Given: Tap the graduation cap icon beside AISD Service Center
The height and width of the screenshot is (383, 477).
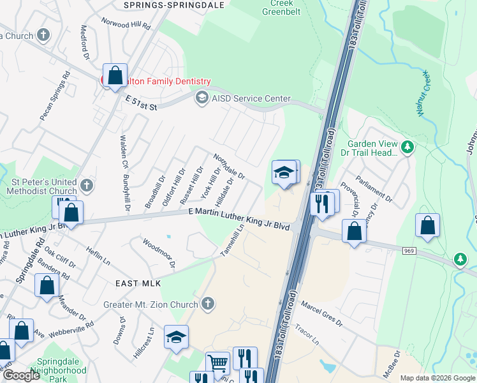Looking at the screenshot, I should [202, 98].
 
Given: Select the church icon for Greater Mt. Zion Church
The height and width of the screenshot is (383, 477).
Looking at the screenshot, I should [207, 304].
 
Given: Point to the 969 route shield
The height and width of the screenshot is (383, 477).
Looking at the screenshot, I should [409, 251].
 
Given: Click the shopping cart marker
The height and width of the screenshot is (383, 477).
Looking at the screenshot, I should [218, 364].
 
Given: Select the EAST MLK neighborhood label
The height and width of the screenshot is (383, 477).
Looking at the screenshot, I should [138, 283].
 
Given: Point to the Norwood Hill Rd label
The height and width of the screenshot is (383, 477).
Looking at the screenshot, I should [126, 24].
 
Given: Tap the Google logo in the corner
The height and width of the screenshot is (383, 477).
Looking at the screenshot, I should [22, 375].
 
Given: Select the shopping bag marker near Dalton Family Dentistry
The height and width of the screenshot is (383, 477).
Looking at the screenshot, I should [115, 76].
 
